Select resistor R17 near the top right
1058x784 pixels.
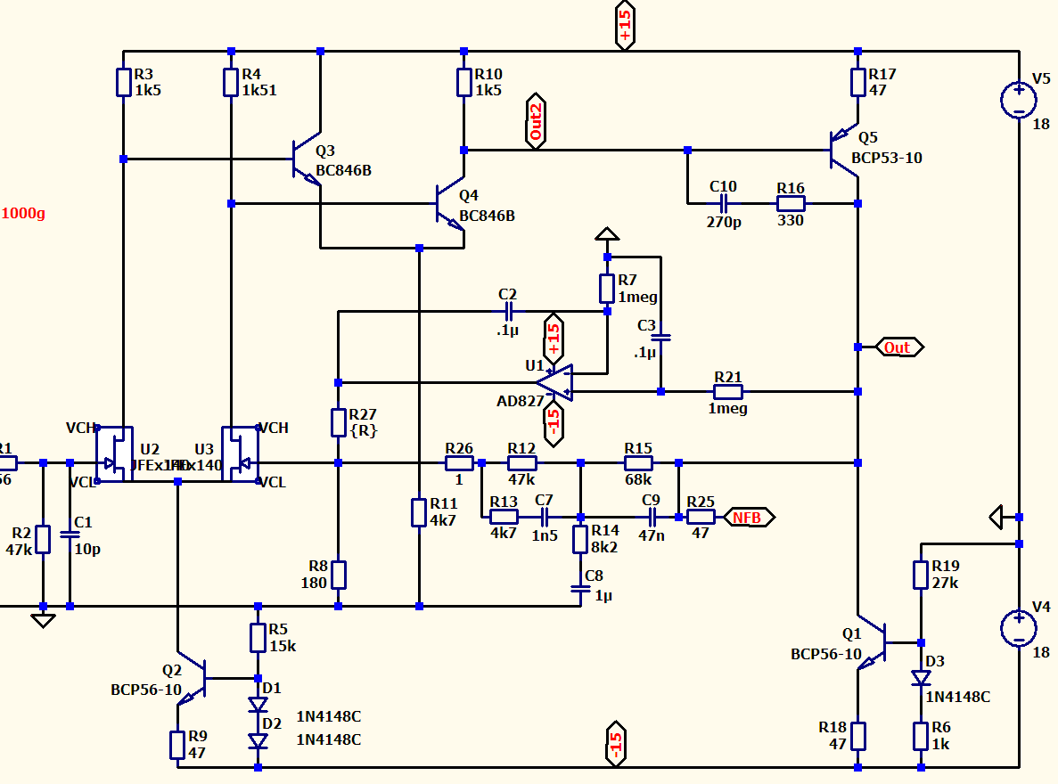click(857, 83)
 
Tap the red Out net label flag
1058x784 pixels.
click(897, 347)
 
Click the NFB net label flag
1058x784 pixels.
click(748, 517)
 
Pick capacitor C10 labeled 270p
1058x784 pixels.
click(723, 203)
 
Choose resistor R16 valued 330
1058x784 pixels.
click(791, 203)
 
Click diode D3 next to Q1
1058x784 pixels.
click(921, 678)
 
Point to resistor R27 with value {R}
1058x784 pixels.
click(338, 422)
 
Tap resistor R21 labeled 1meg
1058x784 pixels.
click(728, 391)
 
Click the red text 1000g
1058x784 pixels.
click(23, 213)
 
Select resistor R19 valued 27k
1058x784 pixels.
click(921, 575)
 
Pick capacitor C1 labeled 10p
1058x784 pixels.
click(70, 535)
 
